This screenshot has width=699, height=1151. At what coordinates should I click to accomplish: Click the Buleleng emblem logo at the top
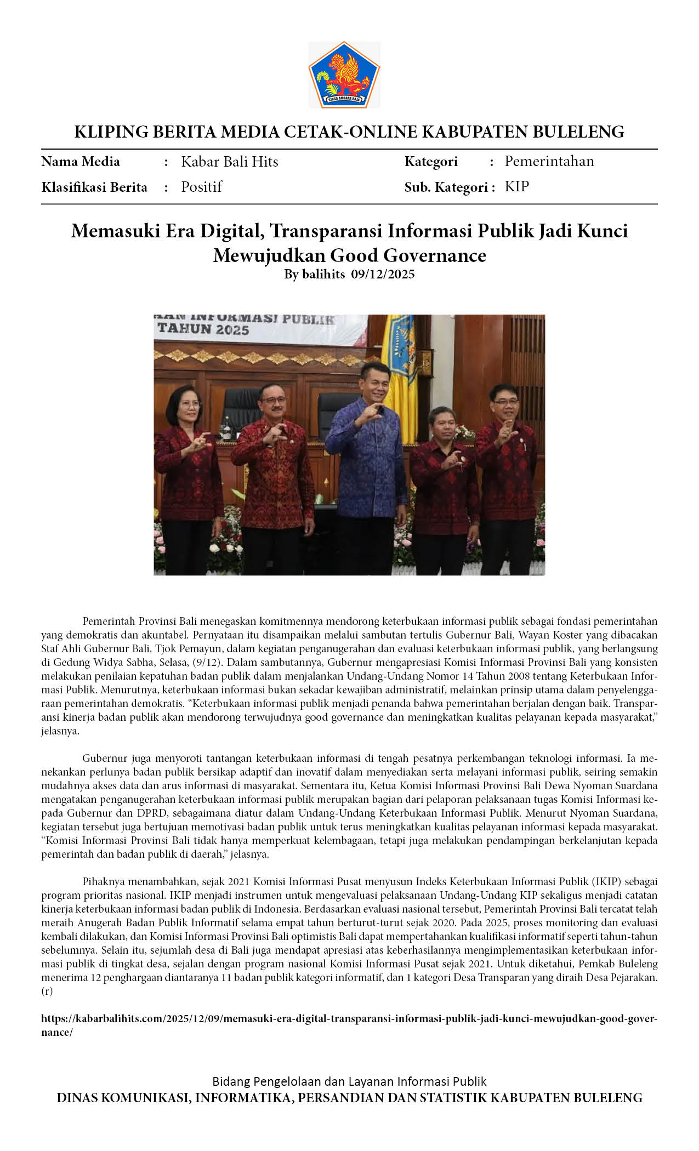click(344, 75)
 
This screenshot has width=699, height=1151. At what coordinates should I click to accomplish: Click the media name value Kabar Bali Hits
click(229, 162)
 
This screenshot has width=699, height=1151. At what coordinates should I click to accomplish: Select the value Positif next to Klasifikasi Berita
click(201, 187)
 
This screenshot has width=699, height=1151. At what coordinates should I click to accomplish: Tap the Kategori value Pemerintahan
click(549, 161)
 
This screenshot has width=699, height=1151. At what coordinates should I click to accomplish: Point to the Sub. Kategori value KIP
click(516, 186)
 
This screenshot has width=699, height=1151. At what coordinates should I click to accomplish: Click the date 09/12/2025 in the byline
click(383, 274)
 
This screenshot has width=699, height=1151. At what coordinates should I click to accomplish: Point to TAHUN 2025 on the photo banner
click(203, 329)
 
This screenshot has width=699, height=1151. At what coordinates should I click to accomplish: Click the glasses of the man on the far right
click(505, 402)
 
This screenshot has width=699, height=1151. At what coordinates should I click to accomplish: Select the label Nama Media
click(81, 162)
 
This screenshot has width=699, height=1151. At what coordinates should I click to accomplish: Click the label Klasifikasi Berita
click(94, 187)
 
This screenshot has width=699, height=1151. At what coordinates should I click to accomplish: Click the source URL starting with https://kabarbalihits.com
click(349, 1018)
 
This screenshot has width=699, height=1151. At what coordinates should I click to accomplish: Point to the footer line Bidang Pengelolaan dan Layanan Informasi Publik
click(349, 1081)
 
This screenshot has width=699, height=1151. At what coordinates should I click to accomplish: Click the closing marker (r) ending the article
click(47, 991)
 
